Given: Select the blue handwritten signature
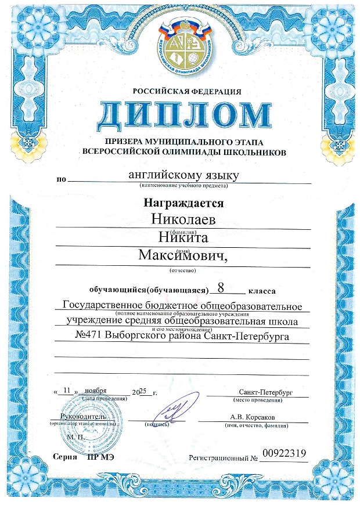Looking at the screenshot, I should tap(174, 409).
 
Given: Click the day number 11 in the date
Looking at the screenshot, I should tap(68, 391).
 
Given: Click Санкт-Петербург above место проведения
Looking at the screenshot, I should tap(265, 392).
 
